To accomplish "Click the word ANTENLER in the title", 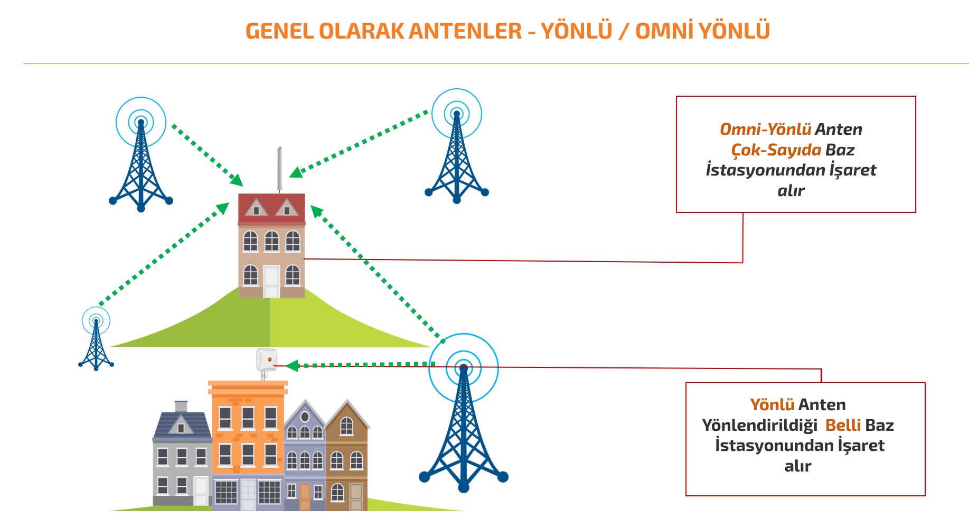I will tap(465, 31).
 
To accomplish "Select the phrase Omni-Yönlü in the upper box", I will tap(765, 130).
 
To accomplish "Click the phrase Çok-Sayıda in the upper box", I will tap(776, 150).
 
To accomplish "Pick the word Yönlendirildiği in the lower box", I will tap(759, 426).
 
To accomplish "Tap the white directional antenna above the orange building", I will tap(266, 360).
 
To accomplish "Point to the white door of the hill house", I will tap(271, 281).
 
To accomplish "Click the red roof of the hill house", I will tap(271, 208).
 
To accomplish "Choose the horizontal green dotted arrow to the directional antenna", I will tap(364, 365).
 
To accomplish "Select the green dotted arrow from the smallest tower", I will tap(164, 253).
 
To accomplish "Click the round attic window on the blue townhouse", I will tap(305, 417).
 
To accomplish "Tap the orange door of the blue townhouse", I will tap(305, 497).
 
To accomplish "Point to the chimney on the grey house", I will tap(181, 406).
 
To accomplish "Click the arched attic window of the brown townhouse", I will tap(346, 426).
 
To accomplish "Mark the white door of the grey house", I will tap(201, 491).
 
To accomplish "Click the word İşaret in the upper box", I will tap(852, 170).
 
